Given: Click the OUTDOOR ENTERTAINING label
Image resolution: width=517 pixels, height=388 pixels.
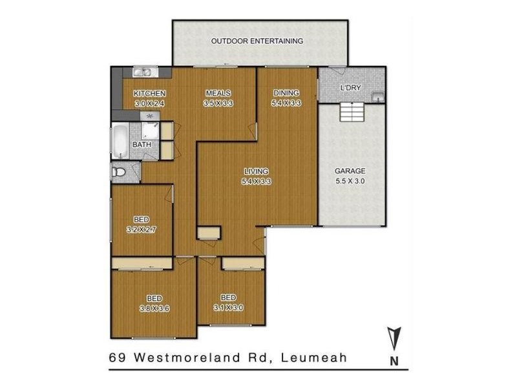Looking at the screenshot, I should (x=257, y=41).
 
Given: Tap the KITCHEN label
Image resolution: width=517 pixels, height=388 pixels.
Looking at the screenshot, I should (x=150, y=93).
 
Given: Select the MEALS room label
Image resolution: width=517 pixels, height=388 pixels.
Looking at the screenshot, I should (x=219, y=93).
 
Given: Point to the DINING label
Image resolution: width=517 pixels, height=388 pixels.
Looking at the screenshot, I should (x=287, y=93).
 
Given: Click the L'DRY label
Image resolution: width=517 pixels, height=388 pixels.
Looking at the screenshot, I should (x=350, y=88).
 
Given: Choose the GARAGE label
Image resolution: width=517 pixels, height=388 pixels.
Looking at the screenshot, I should (x=350, y=171).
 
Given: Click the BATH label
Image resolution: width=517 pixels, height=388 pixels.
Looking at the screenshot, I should (x=142, y=145).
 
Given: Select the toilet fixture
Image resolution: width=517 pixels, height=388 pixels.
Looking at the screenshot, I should (x=119, y=173).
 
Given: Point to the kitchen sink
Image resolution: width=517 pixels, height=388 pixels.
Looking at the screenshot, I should (x=142, y=72).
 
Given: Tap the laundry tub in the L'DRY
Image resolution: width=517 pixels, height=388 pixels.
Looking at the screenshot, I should (x=377, y=96).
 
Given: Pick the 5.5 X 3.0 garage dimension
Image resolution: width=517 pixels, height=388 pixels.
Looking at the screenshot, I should (x=350, y=182).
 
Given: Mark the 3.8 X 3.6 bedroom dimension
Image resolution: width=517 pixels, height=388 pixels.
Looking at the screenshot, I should (x=154, y=308).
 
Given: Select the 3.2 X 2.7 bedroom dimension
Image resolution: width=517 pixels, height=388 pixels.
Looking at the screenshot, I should (x=141, y=229).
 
